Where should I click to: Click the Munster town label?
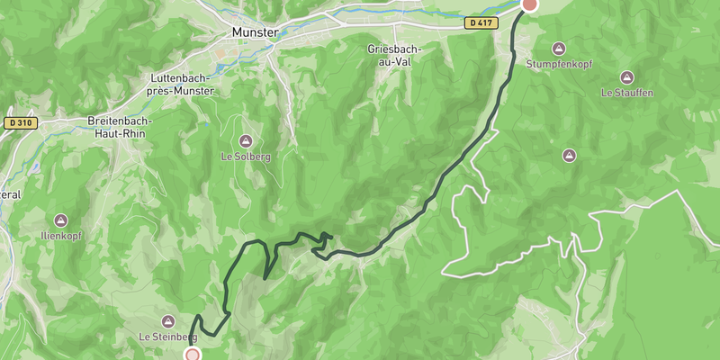[x=255, y=32]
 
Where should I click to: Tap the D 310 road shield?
[x=21, y=122]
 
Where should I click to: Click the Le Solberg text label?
[x=246, y=156]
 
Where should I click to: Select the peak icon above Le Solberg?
[x=246, y=140]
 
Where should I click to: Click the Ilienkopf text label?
[x=60, y=235]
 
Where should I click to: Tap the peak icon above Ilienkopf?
[x=60, y=220]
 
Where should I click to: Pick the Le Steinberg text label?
[x=167, y=337]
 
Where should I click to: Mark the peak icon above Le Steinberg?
[x=168, y=321]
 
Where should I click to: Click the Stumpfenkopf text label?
[x=558, y=64]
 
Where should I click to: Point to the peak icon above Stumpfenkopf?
[x=558, y=48]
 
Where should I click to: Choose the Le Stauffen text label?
[x=627, y=93]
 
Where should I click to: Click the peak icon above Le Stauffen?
[x=627, y=77]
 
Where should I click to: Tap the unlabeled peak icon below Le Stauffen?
[x=569, y=156]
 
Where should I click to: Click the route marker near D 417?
[x=530, y=4]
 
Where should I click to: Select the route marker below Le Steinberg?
[x=192, y=355]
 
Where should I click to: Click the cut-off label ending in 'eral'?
[x=9, y=194]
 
